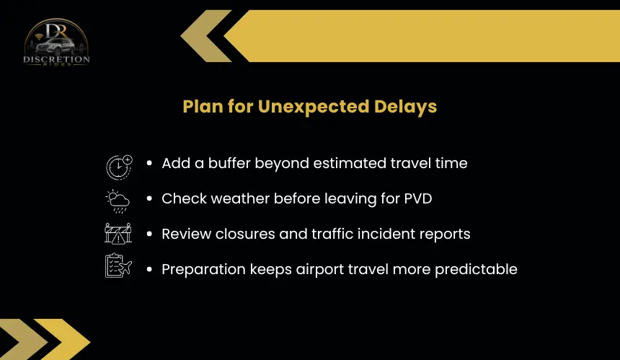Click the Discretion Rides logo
point(56,42)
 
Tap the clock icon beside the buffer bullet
point(119,167)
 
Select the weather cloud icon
point(118,201)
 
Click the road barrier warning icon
point(118,234)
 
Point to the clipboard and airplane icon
point(118,265)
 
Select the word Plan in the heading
point(203,107)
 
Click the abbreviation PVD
point(418,198)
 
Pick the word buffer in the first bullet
point(229,163)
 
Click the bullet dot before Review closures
point(149,234)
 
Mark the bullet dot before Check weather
point(149,198)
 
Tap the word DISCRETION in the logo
point(56,59)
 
